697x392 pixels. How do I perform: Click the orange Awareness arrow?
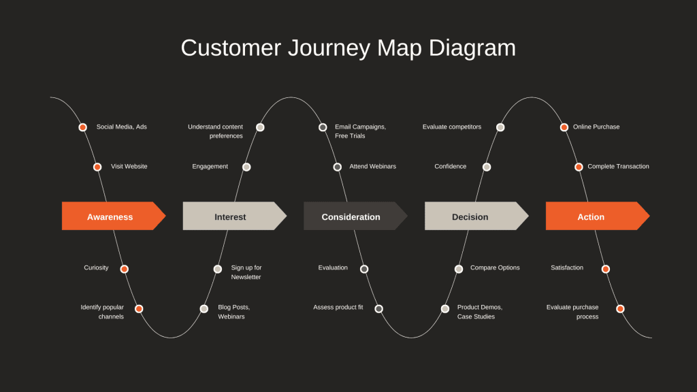point(110,216)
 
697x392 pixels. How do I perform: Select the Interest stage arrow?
point(231,216)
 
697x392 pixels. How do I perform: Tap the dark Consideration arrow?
point(351,216)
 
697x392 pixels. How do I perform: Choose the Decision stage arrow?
point(471,216)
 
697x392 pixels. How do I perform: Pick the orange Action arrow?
point(591,216)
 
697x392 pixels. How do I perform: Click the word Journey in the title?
point(326,48)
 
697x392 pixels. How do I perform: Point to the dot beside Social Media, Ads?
point(83,127)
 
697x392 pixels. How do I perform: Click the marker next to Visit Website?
point(97,167)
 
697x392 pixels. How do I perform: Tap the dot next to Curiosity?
point(124,269)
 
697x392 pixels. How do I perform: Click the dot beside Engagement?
point(246,167)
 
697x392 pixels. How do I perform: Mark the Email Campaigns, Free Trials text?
point(360,131)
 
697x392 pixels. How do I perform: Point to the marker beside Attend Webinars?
point(338,167)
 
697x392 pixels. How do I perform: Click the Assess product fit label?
point(338,308)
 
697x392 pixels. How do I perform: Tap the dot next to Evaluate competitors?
point(500,127)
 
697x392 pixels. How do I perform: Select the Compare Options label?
point(495,268)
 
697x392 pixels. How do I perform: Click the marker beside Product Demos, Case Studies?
point(445,308)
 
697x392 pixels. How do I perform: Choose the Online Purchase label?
point(596,127)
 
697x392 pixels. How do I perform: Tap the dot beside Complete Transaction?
point(579,167)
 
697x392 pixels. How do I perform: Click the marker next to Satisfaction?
point(606,269)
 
